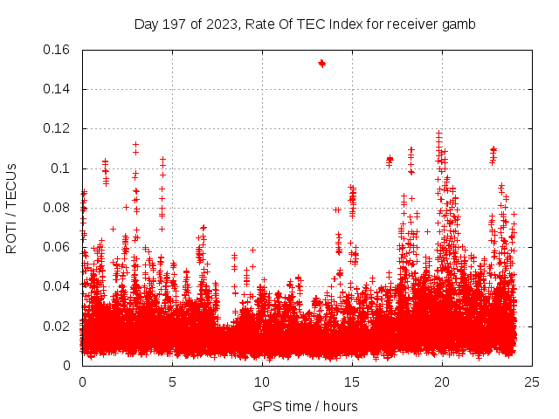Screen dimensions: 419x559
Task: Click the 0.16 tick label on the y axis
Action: coord(58,50)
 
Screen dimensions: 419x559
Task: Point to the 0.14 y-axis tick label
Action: coord(58,89)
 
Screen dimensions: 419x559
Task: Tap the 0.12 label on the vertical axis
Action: coord(58,128)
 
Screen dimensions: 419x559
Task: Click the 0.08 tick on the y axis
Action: coord(58,208)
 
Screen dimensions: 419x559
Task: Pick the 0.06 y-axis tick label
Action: coord(58,247)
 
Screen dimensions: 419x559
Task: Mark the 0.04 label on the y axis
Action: coord(58,286)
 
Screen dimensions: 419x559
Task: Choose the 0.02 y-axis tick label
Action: coord(58,326)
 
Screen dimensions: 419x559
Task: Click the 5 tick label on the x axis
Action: coord(172,381)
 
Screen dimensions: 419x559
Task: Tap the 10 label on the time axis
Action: coord(262,381)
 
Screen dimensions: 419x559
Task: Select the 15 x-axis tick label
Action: coord(352,381)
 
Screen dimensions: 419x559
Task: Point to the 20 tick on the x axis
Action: coord(442,381)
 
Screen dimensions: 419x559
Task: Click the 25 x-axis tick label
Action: coord(532,381)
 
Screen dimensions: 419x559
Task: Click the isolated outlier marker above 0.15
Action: coord(321,63)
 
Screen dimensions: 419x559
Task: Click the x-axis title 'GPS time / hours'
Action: coord(305,406)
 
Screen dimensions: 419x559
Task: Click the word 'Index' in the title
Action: coord(348,24)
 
